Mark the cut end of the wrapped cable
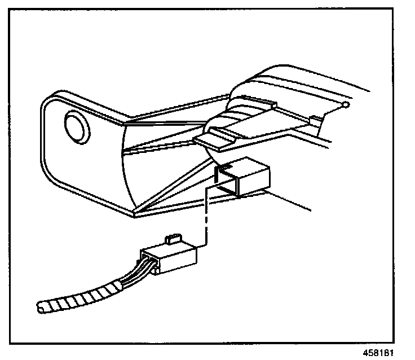pyautogui.click(x=41, y=308)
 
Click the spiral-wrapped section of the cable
pyautogui.click(x=79, y=298)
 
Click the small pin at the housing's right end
pyautogui.click(x=346, y=104)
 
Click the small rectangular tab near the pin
pyautogui.click(x=316, y=118)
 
